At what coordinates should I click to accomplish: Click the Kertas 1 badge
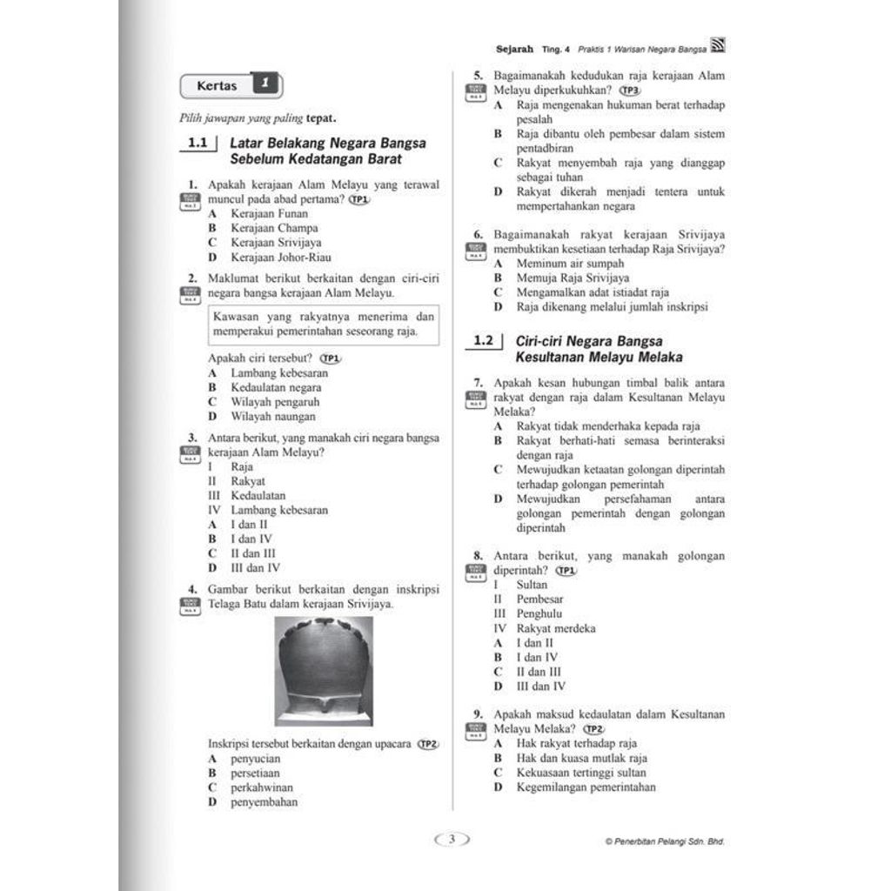231,86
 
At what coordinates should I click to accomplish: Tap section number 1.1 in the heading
198,144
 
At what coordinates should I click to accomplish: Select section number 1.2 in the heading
483,341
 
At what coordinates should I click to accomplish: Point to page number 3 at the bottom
452,840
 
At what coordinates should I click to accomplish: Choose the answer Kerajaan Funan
269,213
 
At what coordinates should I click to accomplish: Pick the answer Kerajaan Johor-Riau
280,257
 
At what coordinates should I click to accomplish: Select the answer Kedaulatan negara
276,387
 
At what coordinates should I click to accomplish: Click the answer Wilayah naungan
273,416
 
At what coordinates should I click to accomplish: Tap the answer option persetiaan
255,773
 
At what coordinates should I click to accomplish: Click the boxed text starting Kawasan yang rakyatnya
323,324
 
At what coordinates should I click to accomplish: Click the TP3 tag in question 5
630,90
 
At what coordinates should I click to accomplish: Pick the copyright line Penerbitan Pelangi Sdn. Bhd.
665,841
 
